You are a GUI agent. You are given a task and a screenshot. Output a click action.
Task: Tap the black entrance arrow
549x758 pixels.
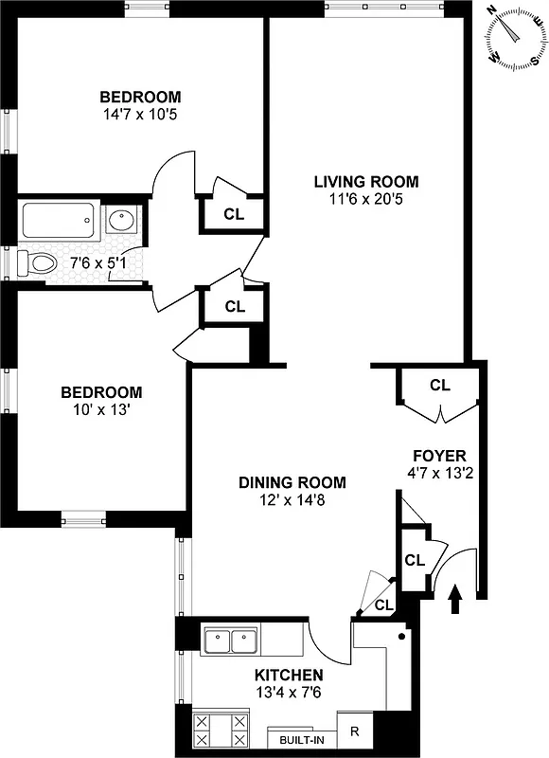(455, 599)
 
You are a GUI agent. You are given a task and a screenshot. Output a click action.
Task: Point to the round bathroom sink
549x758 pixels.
(121, 222)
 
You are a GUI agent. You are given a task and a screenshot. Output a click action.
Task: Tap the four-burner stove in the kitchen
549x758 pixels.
(221, 731)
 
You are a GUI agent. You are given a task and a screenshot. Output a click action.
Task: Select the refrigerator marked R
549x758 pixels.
(354, 731)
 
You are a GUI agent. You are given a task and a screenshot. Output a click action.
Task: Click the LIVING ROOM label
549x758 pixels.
(365, 181)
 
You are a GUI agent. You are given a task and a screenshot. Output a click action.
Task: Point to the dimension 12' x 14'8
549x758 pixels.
(292, 499)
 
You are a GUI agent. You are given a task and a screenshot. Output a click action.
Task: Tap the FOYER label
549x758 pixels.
(438, 455)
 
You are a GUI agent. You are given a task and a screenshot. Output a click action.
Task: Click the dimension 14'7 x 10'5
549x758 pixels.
(141, 115)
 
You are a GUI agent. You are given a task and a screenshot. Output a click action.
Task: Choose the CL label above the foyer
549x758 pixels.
(440, 385)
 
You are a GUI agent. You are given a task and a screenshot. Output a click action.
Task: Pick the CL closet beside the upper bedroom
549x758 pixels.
(234, 214)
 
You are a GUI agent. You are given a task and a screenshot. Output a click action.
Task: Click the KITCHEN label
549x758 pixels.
(289, 675)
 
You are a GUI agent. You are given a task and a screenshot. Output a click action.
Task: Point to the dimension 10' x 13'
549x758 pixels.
(101, 410)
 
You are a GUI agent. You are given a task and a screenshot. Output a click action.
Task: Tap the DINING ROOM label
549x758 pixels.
(292, 481)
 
